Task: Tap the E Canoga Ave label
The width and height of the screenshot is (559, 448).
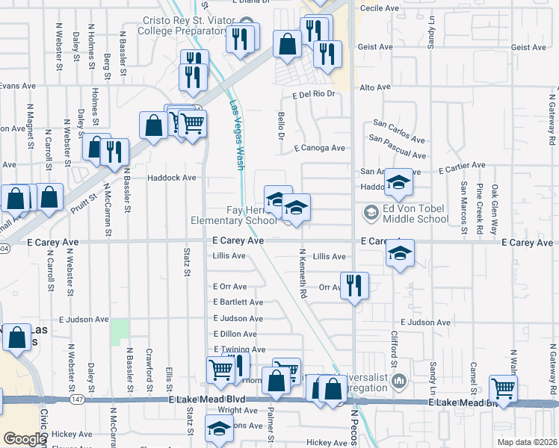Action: tap(319, 148)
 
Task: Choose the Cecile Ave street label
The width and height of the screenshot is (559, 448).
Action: tap(380, 7)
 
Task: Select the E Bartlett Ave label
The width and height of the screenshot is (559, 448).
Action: tap(238, 302)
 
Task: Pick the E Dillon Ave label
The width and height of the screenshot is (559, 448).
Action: tap(238, 334)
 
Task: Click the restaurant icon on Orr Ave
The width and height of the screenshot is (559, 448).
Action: tap(354, 284)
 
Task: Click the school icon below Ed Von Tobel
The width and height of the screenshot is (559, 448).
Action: tap(400, 253)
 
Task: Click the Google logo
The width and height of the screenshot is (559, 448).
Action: tap(25, 439)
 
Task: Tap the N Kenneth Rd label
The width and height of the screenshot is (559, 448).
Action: tap(303, 273)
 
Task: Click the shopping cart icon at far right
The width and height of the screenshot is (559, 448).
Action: tap(504, 388)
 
